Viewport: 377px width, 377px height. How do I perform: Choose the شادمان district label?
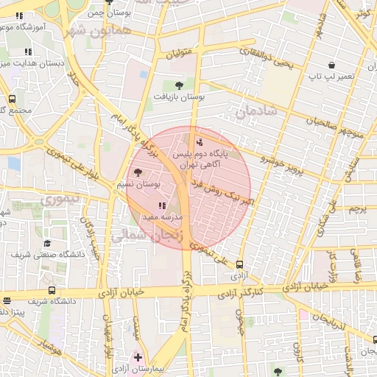[x=254, y=110]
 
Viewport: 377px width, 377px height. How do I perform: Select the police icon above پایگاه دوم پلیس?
[x=200, y=142]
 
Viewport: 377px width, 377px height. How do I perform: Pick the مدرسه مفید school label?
[x=171, y=219]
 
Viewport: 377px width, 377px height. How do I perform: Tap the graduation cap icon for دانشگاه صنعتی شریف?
[x=48, y=243]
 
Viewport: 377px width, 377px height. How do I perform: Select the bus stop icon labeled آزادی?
[x=239, y=265]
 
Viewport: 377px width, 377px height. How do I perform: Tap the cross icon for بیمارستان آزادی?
[x=138, y=356]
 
